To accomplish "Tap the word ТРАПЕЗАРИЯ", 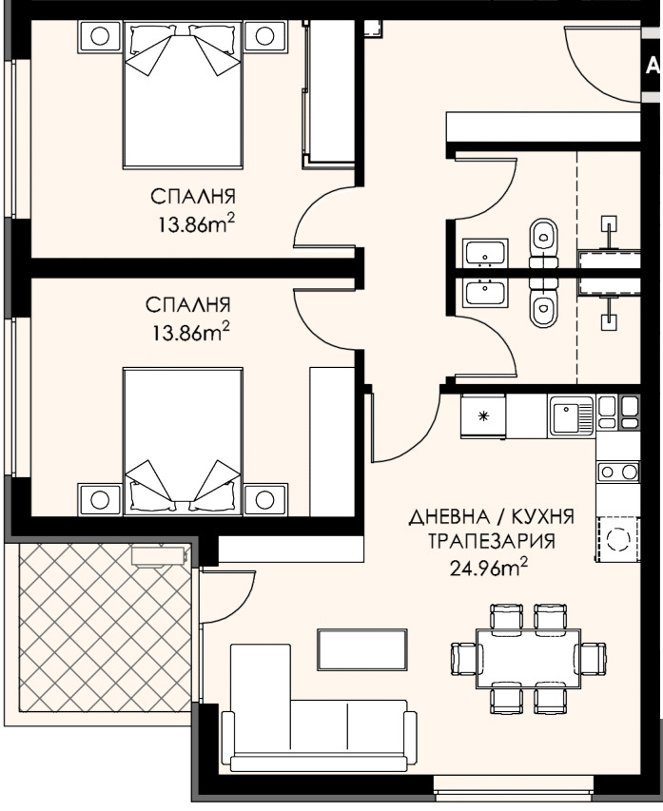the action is [x=492, y=541].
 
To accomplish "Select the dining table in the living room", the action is [x=528, y=658].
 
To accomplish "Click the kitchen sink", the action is [x=572, y=415].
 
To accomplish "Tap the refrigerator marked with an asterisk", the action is [x=483, y=415].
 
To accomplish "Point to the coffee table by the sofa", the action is [x=362, y=649].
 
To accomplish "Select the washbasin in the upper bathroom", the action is [x=486, y=253].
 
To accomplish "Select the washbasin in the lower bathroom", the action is [x=486, y=292].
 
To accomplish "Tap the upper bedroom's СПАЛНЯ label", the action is [x=193, y=197].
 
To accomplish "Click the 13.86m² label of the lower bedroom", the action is [x=190, y=333].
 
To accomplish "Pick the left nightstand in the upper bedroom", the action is [x=101, y=36].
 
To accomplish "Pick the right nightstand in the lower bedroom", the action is [x=265, y=499].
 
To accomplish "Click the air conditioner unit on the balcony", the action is [x=159, y=556].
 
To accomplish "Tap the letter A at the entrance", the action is [x=653, y=66].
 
